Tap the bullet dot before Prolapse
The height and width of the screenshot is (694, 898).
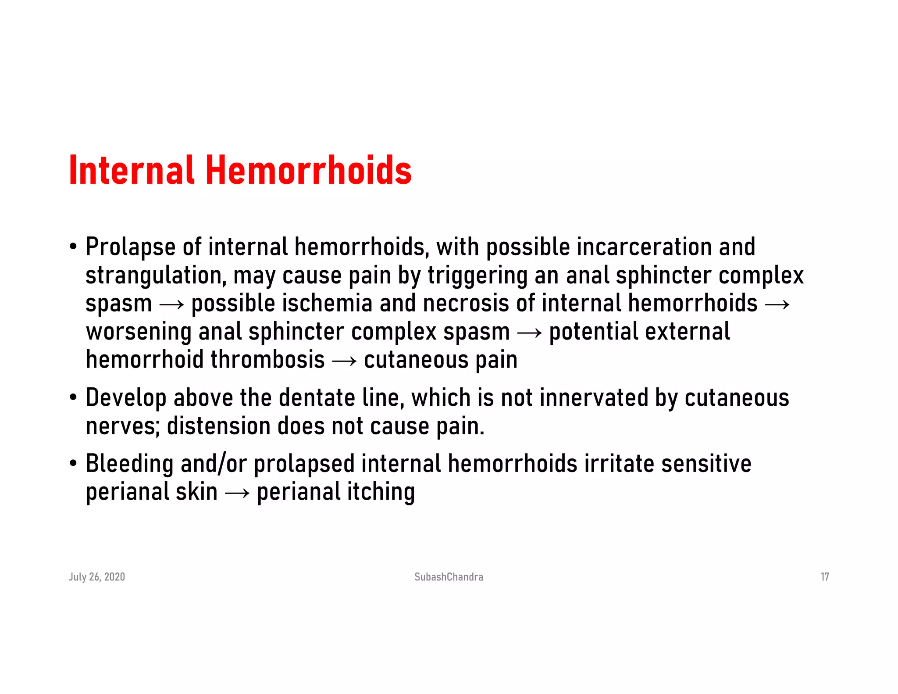tap(73, 247)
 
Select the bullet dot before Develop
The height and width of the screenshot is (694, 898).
tap(73, 398)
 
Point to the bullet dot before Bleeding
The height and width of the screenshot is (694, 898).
tap(73, 464)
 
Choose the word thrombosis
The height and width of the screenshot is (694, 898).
tap(267, 360)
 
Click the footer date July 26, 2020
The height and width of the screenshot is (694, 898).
tap(97, 577)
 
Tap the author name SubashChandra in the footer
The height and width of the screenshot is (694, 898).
tap(449, 577)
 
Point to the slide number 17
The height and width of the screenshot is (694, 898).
tap(824, 577)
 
